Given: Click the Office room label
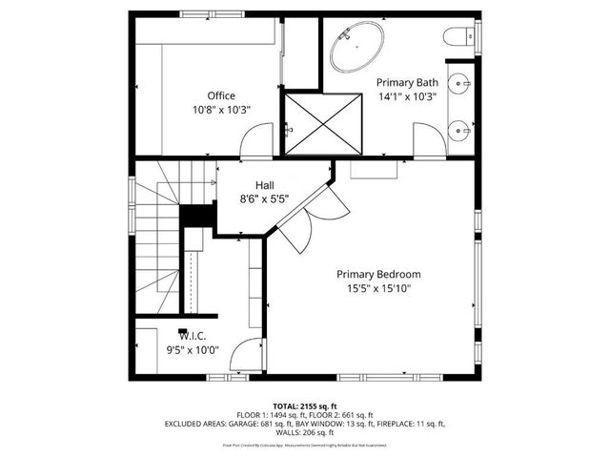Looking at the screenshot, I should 221,95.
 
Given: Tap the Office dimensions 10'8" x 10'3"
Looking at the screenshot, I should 221,111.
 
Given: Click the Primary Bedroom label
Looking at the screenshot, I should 378,274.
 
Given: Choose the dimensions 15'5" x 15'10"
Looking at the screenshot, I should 378,289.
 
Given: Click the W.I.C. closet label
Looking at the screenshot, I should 193,335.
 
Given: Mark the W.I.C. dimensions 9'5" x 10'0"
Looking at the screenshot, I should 193,349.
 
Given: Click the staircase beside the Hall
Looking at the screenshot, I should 157,239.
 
